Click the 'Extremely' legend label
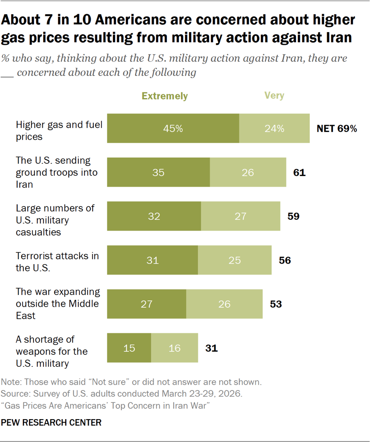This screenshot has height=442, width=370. [x=164, y=96]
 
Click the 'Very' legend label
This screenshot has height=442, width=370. [x=274, y=96]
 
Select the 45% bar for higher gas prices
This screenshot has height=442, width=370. [x=173, y=129]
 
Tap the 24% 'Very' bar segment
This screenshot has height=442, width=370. [x=274, y=129]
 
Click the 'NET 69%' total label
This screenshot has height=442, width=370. [x=337, y=129]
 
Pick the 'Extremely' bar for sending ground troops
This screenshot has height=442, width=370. [x=159, y=173]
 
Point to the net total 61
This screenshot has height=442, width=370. [x=299, y=173]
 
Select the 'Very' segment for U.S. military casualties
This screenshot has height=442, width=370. [x=240, y=216]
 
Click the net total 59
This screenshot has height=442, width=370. [x=293, y=217]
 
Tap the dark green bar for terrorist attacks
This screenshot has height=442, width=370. [x=152, y=260]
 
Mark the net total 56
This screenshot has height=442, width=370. [x=285, y=260]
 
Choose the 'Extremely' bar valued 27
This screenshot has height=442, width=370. [x=147, y=304]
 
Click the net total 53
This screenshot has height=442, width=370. [x=276, y=304]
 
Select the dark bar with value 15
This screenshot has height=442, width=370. [x=129, y=348]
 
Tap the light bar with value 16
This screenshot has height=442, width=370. [x=174, y=348]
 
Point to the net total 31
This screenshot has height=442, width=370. [x=211, y=348]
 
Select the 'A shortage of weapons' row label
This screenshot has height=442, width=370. [x=52, y=351]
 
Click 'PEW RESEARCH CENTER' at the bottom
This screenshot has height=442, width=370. [x=51, y=423]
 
